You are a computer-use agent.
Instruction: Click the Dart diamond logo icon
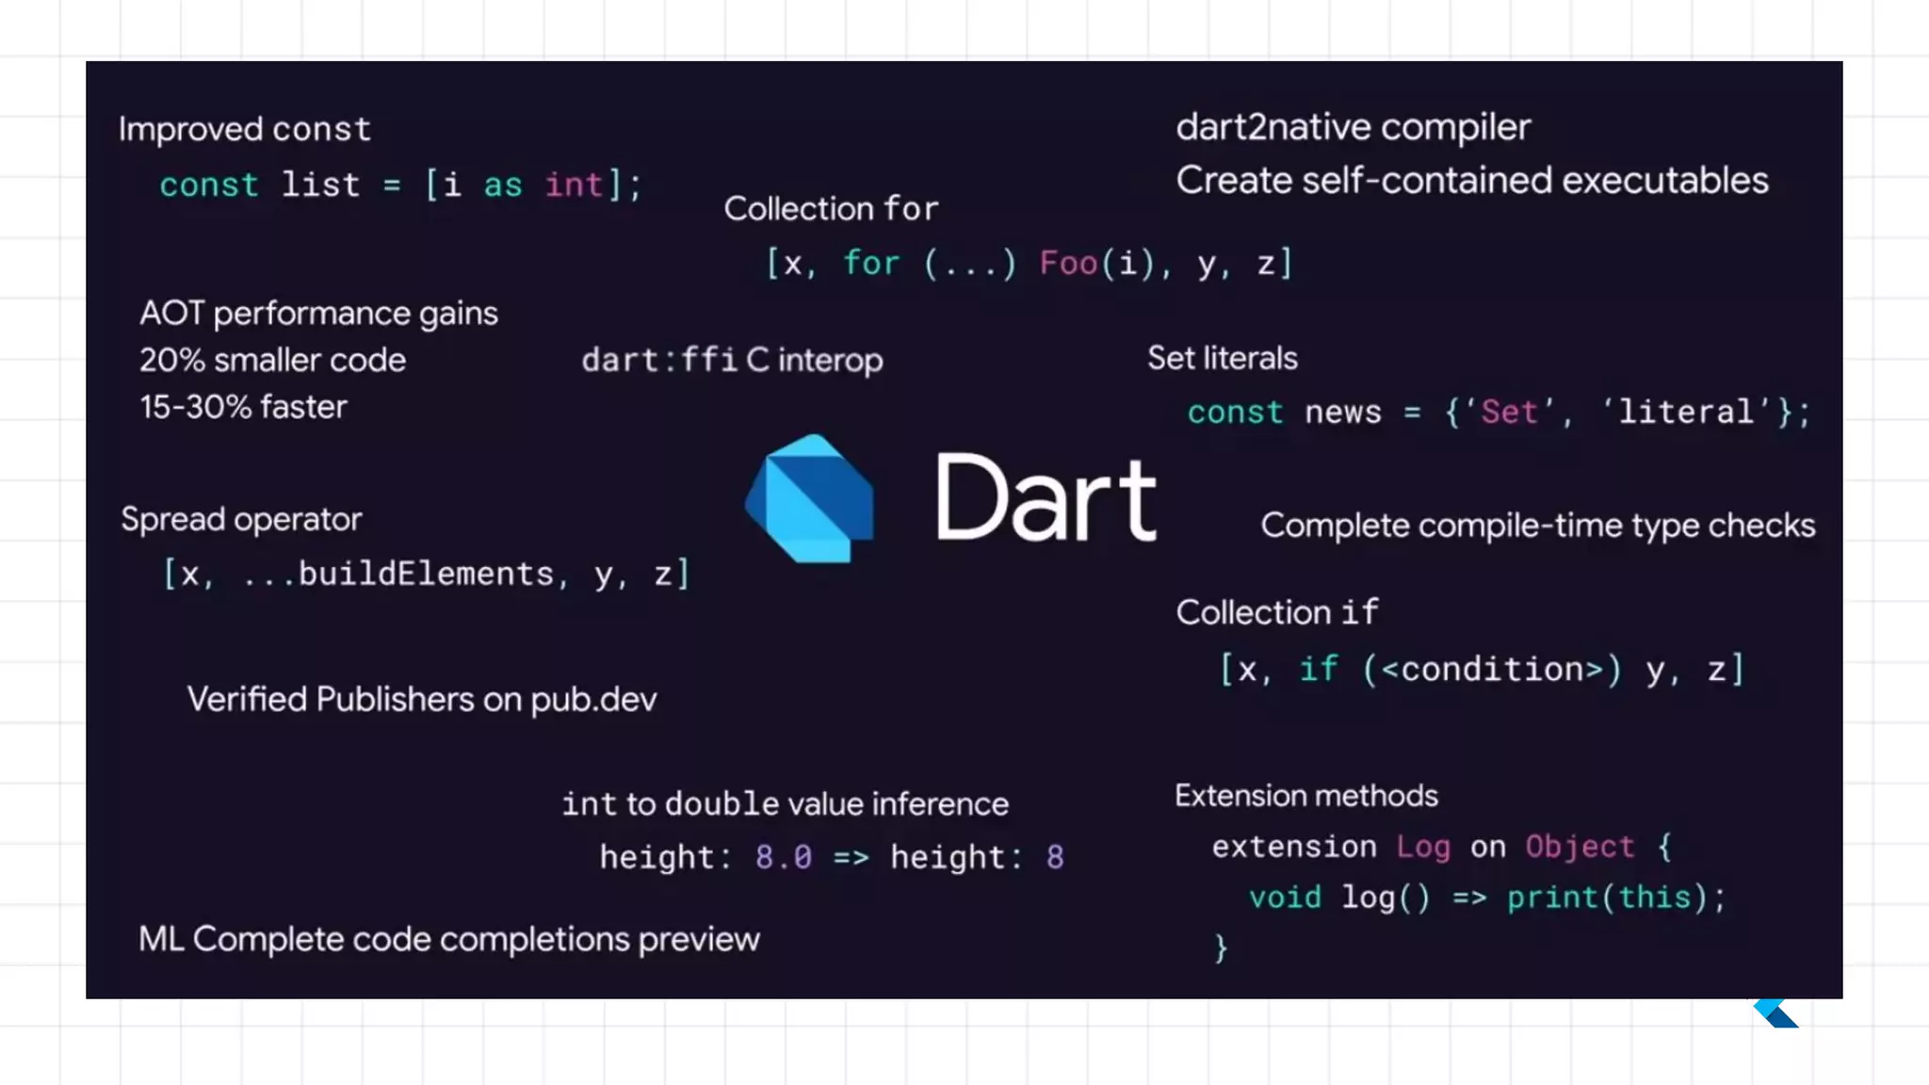(x=810, y=498)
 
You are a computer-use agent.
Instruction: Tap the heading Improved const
(x=245, y=129)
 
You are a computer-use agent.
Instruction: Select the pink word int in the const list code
(x=574, y=185)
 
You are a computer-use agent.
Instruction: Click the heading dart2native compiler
(x=1353, y=127)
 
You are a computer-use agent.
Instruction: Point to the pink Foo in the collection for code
(x=1068, y=263)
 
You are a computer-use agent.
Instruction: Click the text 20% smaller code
(x=272, y=360)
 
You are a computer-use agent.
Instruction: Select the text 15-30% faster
(x=243, y=407)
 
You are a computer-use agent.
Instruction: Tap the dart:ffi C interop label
(x=732, y=360)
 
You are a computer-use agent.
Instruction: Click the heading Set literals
(x=1222, y=358)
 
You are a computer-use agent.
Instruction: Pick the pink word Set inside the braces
(x=1509, y=412)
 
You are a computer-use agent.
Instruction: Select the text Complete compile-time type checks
(x=1537, y=526)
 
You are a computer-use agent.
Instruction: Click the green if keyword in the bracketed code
(x=1318, y=669)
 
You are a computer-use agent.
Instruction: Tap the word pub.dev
(x=593, y=700)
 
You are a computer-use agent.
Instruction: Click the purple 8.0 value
(x=783, y=857)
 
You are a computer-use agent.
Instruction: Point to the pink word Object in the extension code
(x=1580, y=847)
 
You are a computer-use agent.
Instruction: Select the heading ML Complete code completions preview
(x=448, y=939)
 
